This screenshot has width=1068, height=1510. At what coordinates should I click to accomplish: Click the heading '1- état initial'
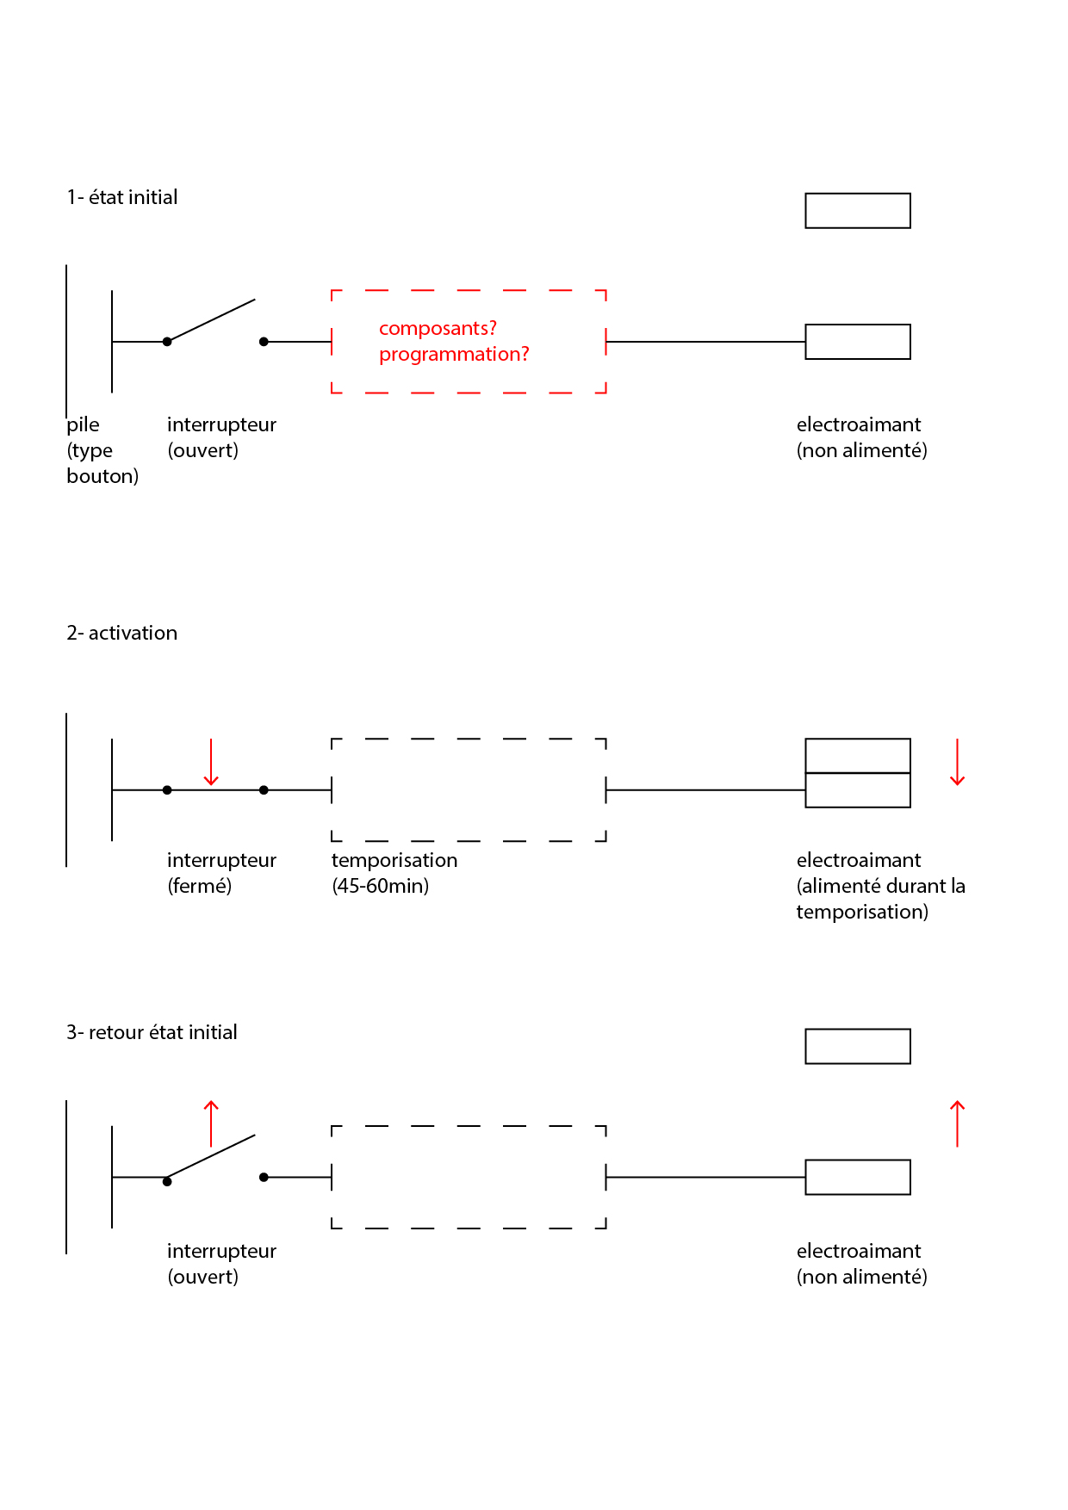click(122, 197)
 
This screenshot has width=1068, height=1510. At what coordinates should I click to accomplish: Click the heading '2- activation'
click(122, 633)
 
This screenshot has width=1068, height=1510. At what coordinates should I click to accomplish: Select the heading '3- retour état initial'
click(152, 1032)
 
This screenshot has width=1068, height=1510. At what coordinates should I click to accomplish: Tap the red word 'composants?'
click(438, 329)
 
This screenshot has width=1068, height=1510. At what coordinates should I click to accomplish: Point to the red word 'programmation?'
click(454, 355)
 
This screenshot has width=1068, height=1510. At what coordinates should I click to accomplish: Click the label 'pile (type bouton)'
click(102, 450)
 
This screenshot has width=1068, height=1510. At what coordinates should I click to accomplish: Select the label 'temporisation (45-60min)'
click(394, 873)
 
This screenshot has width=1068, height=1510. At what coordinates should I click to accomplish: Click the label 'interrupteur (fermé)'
click(221, 873)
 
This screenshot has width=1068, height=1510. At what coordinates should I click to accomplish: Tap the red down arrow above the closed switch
click(211, 762)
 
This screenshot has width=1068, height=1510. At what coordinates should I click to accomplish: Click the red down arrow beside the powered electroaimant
click(957, 762)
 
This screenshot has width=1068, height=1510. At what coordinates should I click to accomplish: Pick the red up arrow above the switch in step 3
click(211, 1123)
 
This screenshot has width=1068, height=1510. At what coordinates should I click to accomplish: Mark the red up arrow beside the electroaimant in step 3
click(957, 1123)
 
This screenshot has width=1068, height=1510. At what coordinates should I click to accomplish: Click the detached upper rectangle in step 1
click(858, 211)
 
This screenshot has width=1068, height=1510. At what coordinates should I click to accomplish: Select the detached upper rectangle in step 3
click(858, 1047)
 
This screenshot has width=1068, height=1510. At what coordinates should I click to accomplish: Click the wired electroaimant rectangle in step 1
click(858, 342)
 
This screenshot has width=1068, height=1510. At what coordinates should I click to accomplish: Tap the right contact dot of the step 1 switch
click(264, 342)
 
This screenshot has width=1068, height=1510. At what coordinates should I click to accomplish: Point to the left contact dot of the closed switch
click(167, 790)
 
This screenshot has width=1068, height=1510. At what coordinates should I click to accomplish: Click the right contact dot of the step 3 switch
click(264, 1177)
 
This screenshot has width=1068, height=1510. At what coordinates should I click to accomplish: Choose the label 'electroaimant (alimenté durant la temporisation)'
click(880, 886)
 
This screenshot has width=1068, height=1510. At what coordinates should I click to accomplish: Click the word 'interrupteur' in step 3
click(221, 1251)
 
